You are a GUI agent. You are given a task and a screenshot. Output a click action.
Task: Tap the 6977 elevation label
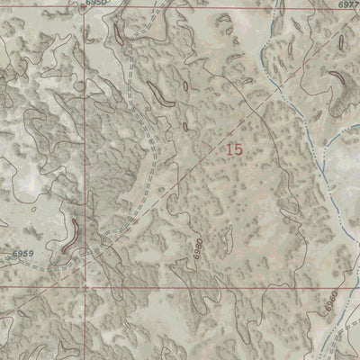point(346,4)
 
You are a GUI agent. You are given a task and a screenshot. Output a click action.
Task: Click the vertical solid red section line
point(87,135)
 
